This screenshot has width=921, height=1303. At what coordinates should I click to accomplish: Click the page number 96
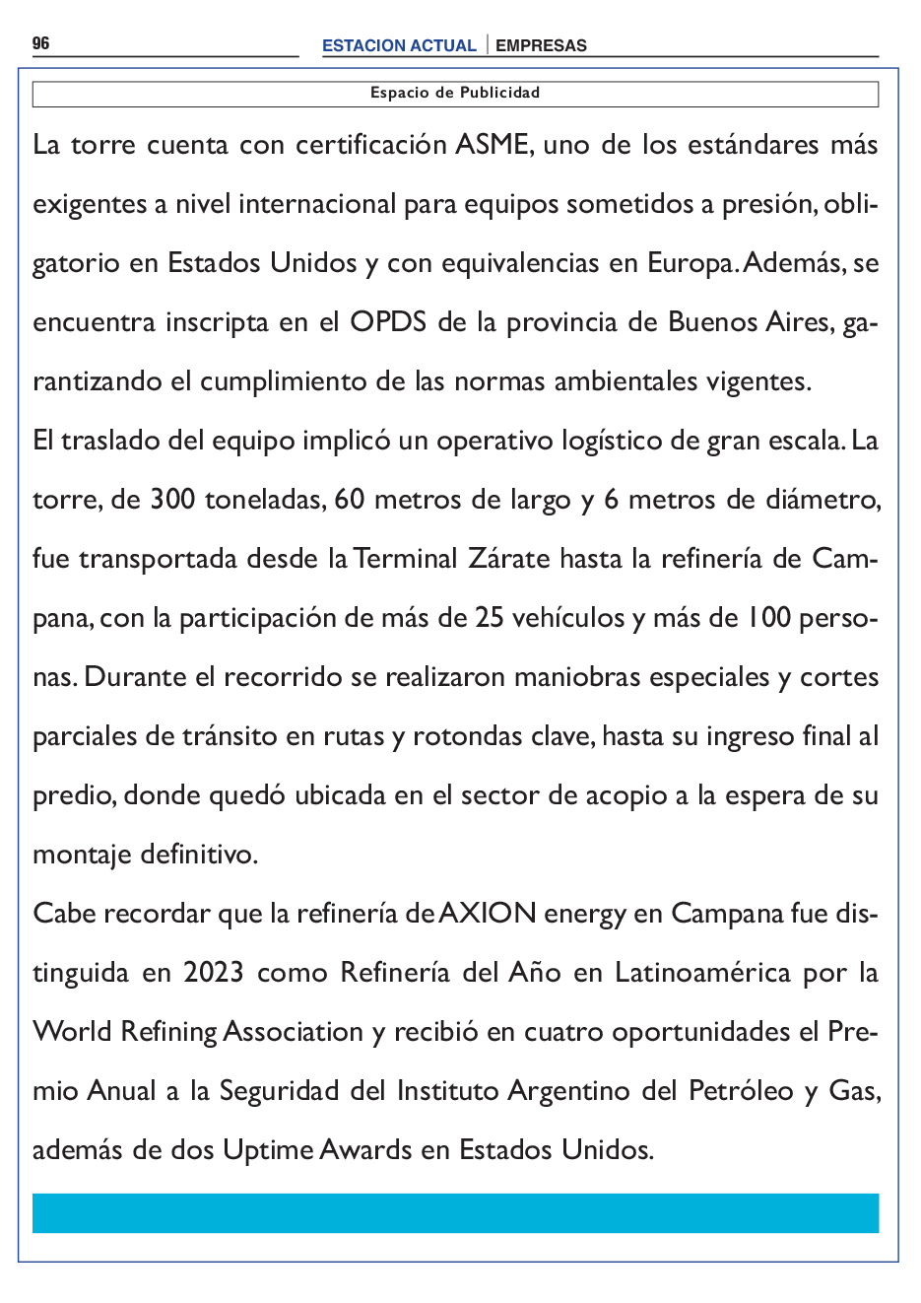point(40,43)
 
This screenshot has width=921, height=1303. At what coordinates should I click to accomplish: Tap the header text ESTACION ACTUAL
point(399,45)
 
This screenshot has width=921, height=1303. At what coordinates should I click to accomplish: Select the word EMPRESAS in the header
point(541,45)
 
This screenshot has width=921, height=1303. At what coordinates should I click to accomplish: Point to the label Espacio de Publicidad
point(455,93)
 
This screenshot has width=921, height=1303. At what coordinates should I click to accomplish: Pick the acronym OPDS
point(388,322)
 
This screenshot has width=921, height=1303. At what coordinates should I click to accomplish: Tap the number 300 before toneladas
point(172,500)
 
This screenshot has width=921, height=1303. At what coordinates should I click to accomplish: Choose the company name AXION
point(488,914)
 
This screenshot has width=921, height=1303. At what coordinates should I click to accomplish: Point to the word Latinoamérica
point(702,973)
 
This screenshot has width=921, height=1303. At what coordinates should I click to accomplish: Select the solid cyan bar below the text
point(455,1213)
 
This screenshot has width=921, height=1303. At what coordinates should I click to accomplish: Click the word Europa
point(691,263)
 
